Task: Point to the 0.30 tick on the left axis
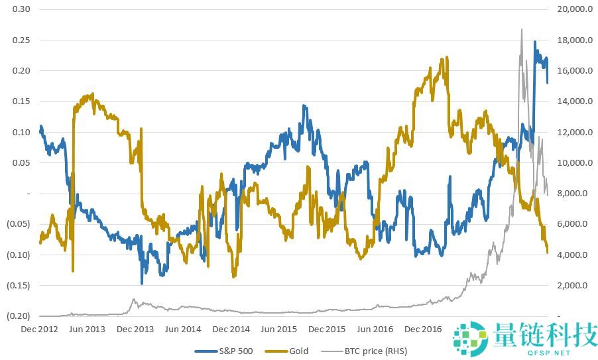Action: [x=21, y=9]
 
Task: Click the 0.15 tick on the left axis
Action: [x=21, y=101]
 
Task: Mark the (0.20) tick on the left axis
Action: [x=19, y=316]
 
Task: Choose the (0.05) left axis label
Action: [x=19, y=224]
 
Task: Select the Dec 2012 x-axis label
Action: [x=39, y=329]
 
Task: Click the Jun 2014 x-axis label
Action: [x=184, y=329]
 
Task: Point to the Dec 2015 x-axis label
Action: [x=326, y=329]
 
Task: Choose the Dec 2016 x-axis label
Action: [x=423, y=329]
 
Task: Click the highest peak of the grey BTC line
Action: [x=522, y=29]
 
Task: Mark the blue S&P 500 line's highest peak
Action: [x=535, y=42]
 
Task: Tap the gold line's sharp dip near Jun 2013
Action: [x=72, y=270]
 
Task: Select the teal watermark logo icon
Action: [x=471, y=337]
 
